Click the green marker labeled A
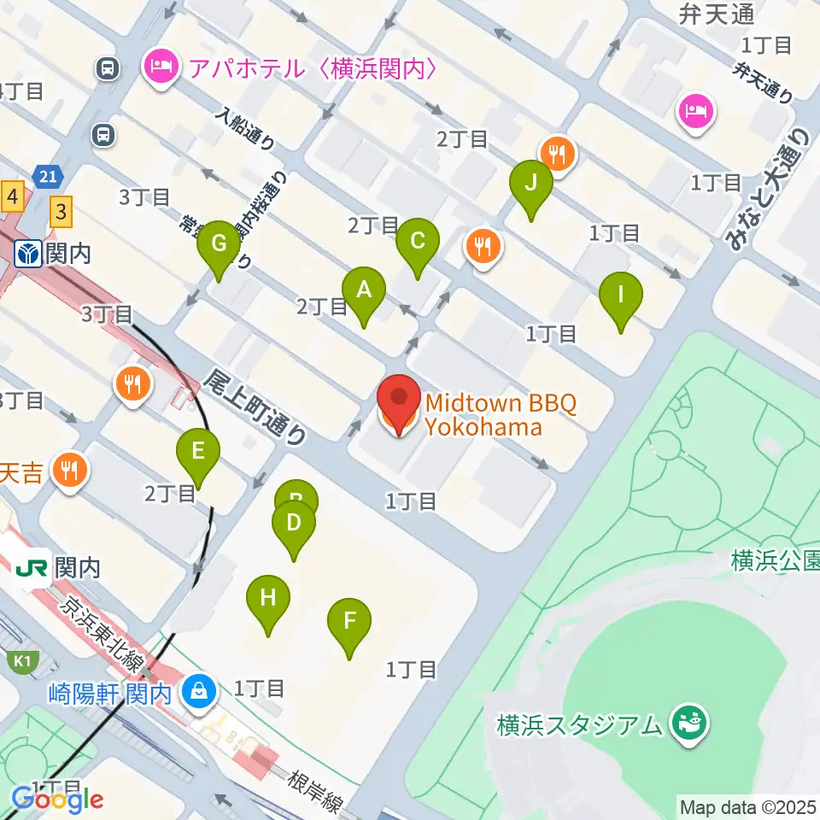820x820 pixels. coord(364,290)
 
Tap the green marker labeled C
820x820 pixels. coord(418,241)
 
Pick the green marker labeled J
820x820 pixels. coord(531,183)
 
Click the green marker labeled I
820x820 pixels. coord(621,296)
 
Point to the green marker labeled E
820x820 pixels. coord(198,451)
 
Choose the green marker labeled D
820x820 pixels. coord(293,523)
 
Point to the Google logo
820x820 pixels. coord(57,799)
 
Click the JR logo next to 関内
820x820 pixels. coord(32,566)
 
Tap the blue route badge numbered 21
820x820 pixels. coord(48,177)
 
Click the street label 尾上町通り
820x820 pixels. coord(256,408)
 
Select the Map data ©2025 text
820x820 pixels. coord(747,805)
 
